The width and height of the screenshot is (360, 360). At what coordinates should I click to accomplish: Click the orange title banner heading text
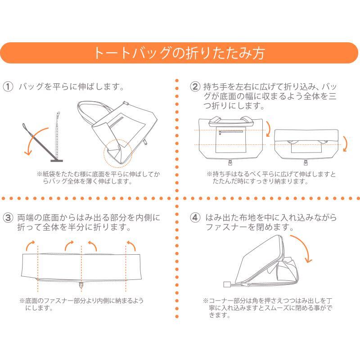click(179, 53)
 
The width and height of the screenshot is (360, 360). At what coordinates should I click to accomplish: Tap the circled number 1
click(8, 87)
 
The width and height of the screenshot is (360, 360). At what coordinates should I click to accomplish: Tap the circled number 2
click(195, 87)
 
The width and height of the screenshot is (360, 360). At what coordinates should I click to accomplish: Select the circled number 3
click(8, 217)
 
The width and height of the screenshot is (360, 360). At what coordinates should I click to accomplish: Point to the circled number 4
click(195, 217)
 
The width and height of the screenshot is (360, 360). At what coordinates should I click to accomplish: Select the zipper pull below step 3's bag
click(81, 285)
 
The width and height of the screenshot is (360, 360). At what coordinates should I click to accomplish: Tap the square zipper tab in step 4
click(226, 284)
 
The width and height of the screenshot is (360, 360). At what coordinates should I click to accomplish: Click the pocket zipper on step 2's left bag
click(230, 132)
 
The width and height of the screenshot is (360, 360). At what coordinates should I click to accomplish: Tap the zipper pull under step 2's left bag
click(230, 162)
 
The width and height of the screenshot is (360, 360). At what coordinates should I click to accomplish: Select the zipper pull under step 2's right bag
click(306, 162)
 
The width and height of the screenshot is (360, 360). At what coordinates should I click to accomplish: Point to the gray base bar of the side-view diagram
click(57, 161)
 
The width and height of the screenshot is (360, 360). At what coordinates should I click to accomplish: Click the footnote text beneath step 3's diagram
click(81, 304)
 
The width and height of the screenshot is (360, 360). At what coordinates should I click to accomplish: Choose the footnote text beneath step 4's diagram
click(267, 308)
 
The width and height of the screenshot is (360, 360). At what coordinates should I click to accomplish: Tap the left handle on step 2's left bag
click(214, 121)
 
